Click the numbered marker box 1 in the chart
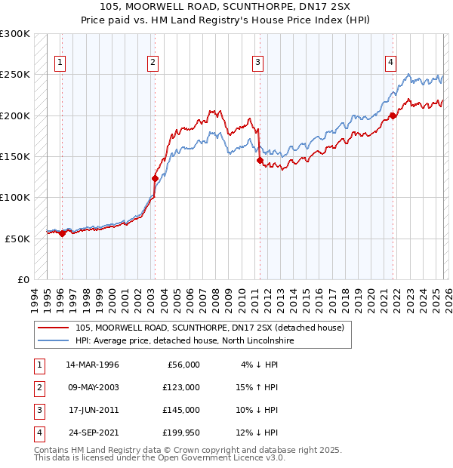coord(60,63)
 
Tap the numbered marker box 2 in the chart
coord(153,63)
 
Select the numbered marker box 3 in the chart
coord(258,63)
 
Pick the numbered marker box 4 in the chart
coord(391,63)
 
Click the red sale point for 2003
coord(155,179)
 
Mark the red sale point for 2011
coord(260,161)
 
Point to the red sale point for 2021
coord(393,116)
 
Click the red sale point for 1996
coord(62,233)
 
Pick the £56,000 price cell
coord(183,365)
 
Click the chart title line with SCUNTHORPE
coord(226,8)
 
